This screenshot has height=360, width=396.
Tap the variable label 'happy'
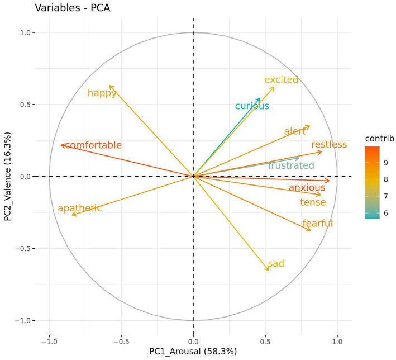(102, 93)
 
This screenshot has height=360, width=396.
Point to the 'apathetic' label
(80, 209)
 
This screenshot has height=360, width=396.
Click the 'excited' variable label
(281, 80)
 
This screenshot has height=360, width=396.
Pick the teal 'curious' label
(252, 106)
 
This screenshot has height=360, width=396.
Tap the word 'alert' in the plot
(295, 132)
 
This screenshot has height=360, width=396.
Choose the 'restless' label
(329, 145)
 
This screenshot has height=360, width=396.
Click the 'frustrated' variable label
(290, 165)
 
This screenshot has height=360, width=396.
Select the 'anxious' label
(307, 188)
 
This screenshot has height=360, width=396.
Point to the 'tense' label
(313, 202)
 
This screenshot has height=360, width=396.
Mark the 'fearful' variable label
(317, 224)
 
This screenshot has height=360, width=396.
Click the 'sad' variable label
(276, 264)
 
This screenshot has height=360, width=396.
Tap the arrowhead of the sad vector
(268, 270)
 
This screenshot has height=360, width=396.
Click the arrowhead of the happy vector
(110, 86)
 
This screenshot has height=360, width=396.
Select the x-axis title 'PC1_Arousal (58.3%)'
(193, 352)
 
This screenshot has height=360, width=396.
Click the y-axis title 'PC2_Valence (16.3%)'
(8, 176)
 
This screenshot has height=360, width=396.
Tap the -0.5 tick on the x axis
(121, 340)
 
